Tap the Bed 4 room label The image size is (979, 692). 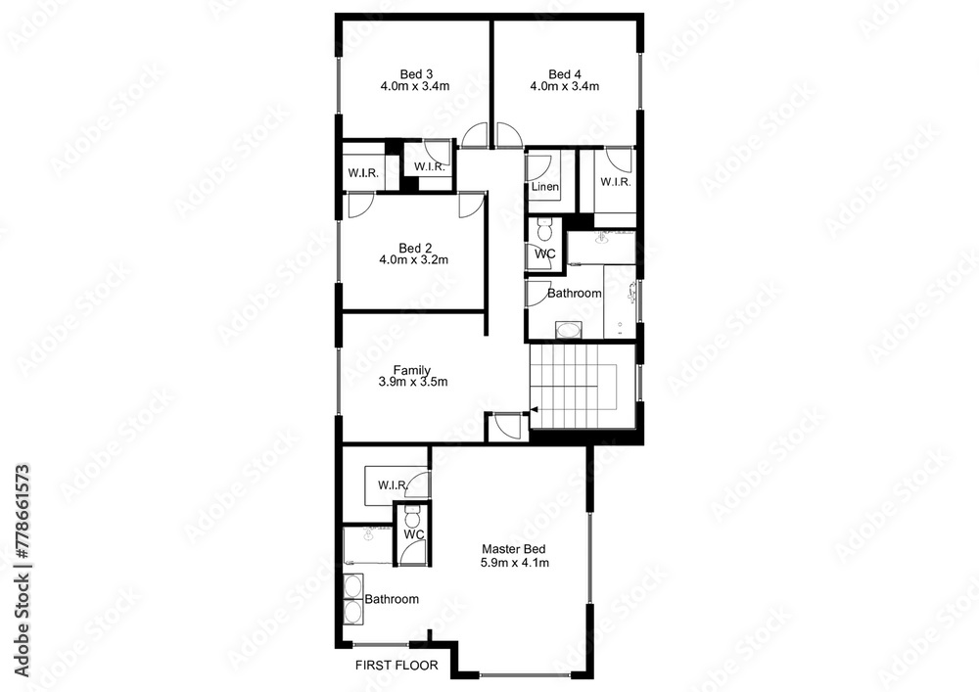pos(565,73)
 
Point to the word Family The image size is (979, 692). pos(412,370)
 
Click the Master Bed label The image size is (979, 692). pos(514,550)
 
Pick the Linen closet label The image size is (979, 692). pos(545,187)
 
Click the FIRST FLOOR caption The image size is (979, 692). pos(396,665)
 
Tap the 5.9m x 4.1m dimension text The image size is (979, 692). pos(514,563)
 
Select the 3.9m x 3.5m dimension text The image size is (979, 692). pos(412,382)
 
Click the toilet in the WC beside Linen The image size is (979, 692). pos(545,231)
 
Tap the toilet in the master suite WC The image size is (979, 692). pos(412,514)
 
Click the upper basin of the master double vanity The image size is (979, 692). pos(352,587)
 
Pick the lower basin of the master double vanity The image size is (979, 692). pos(352,612)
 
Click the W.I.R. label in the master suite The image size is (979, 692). pos(392,484)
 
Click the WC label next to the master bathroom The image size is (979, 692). pos(413,535)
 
